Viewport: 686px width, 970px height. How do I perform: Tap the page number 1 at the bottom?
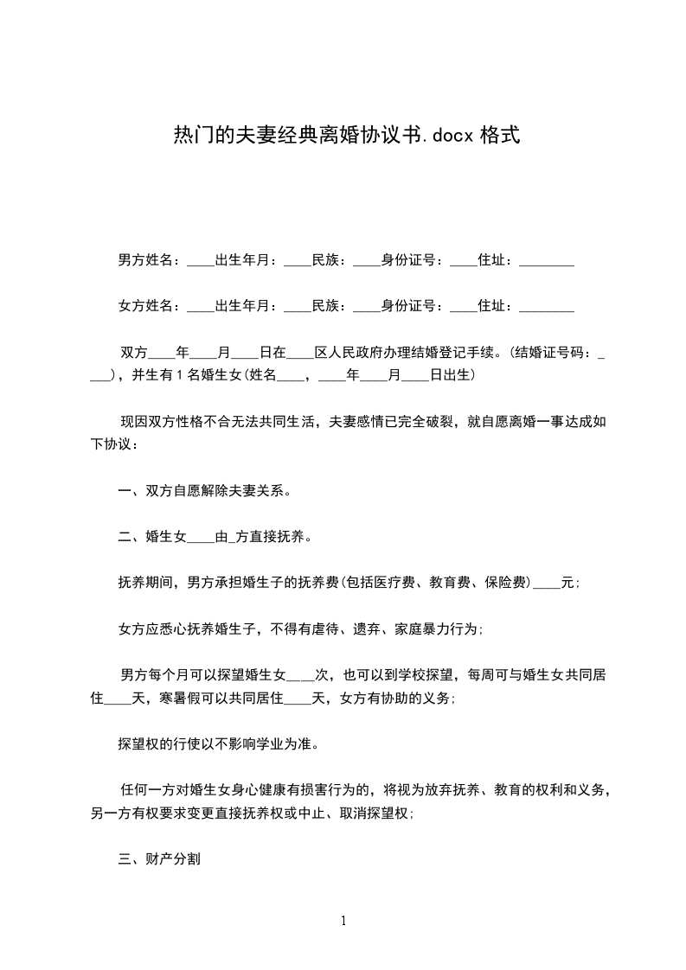[343, 921]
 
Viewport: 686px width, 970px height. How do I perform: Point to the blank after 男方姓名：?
[200, 260]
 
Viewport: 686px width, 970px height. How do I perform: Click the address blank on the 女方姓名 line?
[545, 306]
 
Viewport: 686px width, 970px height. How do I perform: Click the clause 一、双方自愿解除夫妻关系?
[203, 491]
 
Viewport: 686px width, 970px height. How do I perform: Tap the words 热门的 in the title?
[194, 135]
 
